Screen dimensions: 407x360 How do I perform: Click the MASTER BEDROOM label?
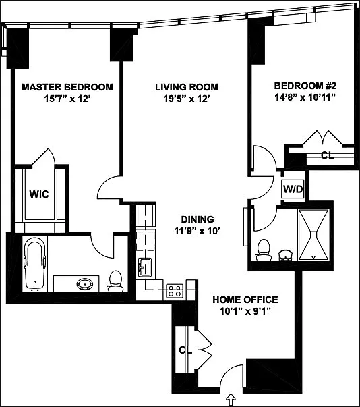click(x=67, y=87)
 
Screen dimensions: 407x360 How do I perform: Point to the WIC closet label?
click(x=38, y=193)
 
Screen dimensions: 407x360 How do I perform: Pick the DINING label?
click(x=197, y=219)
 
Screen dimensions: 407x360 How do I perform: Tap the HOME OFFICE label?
click(x=245, y=300)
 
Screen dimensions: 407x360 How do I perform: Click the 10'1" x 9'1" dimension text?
click(x=245, y=311)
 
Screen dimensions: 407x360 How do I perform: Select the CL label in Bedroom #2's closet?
click(x=327, y=155)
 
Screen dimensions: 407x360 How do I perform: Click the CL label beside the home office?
click(x=185, y=350)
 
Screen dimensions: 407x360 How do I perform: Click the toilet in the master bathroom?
click(x=116, y=281)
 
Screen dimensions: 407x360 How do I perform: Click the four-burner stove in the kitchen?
click(x=174, y=291)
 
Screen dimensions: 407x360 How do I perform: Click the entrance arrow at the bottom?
click(x=231, y=400)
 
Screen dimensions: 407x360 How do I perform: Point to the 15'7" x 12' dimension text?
click(x=67, y=99)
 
